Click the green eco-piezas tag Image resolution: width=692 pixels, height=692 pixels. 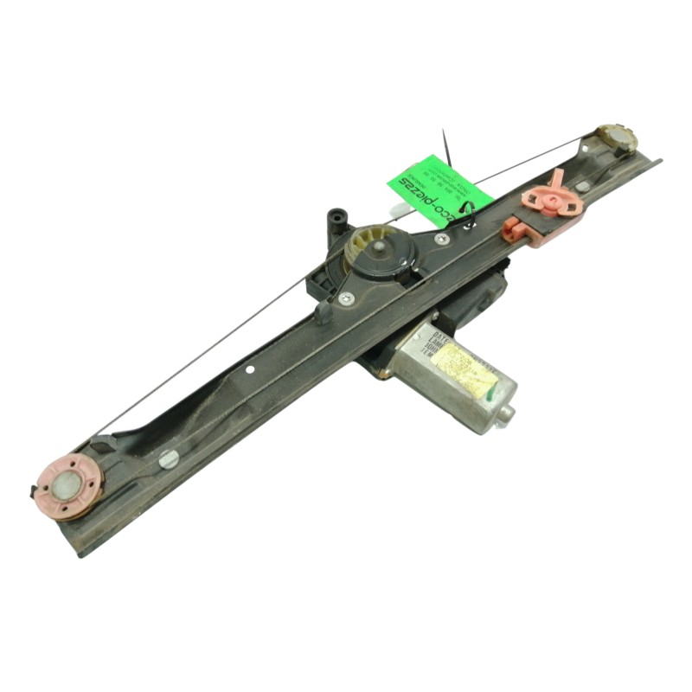(439, 189)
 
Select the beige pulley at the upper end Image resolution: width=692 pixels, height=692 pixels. (616, 139)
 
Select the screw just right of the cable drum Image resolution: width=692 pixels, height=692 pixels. (441, 238)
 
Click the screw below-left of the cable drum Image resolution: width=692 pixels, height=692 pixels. (346, 298)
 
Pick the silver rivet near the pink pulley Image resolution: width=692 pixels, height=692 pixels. (168, 459)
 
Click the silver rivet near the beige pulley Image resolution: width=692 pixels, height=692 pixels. (583, 185)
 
